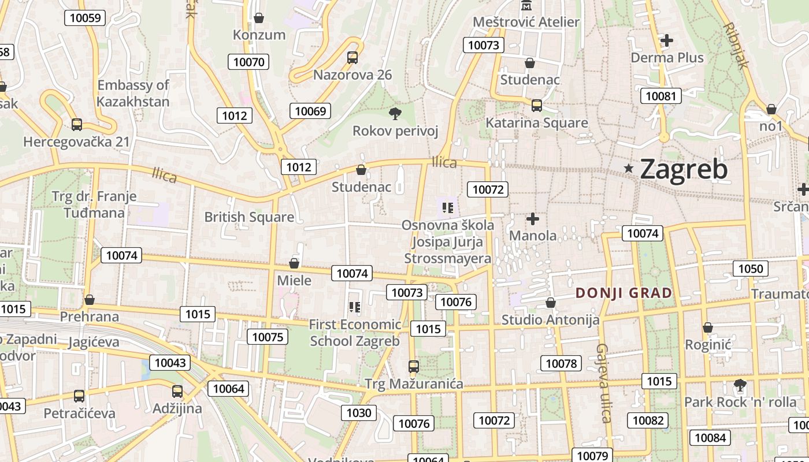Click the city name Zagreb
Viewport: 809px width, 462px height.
(x=684, y=169)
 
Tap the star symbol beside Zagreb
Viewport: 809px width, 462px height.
(x=629, y=168)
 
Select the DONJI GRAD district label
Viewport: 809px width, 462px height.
(x=624, y=293)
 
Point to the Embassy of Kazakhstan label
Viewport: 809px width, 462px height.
(x=133, y=94)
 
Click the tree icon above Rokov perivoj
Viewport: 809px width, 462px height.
(x=395, y=113)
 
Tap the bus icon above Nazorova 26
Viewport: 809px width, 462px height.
(x=352, y=58)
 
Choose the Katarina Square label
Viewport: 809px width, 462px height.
(x=536, y=123)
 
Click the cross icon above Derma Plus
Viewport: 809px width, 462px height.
(x=667, y=40)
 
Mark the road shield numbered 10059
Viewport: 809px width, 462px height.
(x=85, y=18)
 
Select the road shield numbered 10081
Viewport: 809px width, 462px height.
(x=660, y=96)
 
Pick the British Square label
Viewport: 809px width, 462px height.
(x=249, y=217)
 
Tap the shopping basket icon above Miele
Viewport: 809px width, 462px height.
(x=294, y=263)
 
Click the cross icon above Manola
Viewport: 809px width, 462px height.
(x=533, y=219)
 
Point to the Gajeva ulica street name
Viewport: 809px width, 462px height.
(x=604, y=383)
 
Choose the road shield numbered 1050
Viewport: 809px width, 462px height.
(x=751, y=269)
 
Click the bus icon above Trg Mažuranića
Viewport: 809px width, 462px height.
(x=413, y=366)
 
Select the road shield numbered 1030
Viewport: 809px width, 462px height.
(x=359, y=412)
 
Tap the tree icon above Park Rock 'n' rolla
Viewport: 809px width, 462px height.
(x=740, y=385)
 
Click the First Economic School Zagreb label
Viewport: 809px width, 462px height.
(x=355, y=333)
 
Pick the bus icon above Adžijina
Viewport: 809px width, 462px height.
(x=177, y=392)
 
